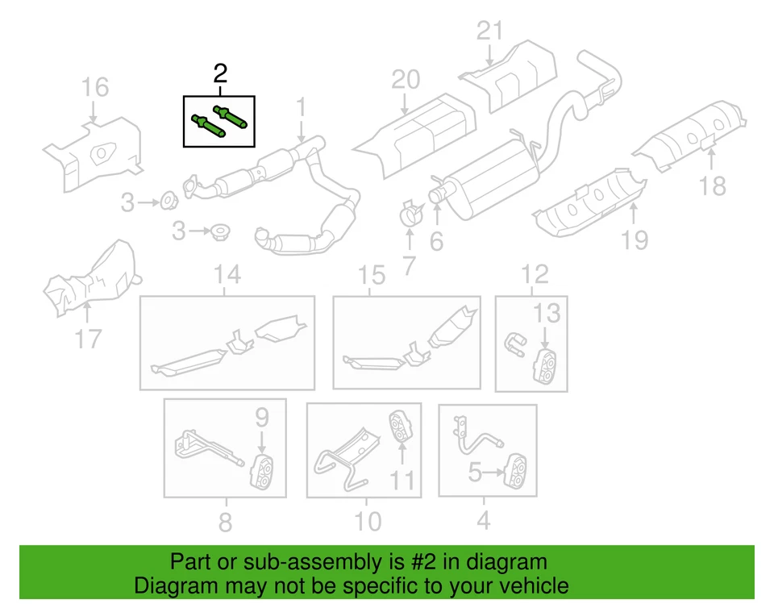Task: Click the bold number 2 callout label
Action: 220,74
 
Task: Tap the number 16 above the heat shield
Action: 95,87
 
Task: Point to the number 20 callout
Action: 406,80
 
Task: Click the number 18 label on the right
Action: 713,186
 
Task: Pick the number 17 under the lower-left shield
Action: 89,338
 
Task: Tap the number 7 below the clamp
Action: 409,265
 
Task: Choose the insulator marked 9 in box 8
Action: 262,472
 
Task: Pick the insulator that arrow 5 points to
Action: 514,470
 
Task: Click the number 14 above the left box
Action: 227,275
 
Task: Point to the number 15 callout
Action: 372,276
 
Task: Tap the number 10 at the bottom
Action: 368,521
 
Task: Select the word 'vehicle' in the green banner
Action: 532,585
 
